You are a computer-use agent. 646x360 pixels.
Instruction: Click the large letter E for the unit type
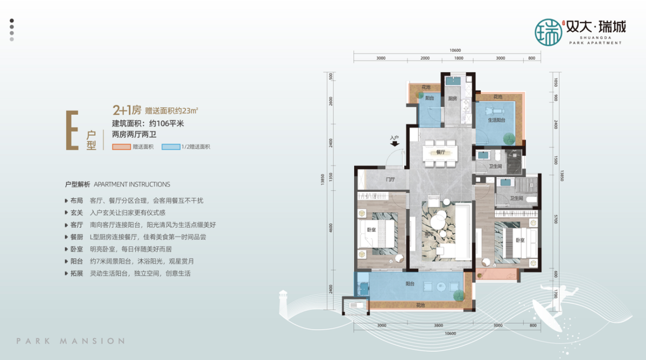tap(73, 131)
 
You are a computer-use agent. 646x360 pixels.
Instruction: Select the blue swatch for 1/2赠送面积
tap(170, 147)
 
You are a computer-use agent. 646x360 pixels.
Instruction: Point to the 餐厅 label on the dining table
tap(440, 153)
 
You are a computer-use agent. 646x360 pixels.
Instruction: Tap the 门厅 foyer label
tap(390, 179)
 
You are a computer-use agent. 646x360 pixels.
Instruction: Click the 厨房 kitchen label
tap(452, 99)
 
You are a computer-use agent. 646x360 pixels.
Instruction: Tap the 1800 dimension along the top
tap(458, 58)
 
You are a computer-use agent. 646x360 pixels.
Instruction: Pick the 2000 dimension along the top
tap(425, 58)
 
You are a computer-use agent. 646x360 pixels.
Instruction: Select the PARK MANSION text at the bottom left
tap(71, 341)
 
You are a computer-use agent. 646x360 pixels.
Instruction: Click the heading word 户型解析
tap(77, 184)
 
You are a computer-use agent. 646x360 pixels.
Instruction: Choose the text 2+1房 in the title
tap(126, 108)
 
